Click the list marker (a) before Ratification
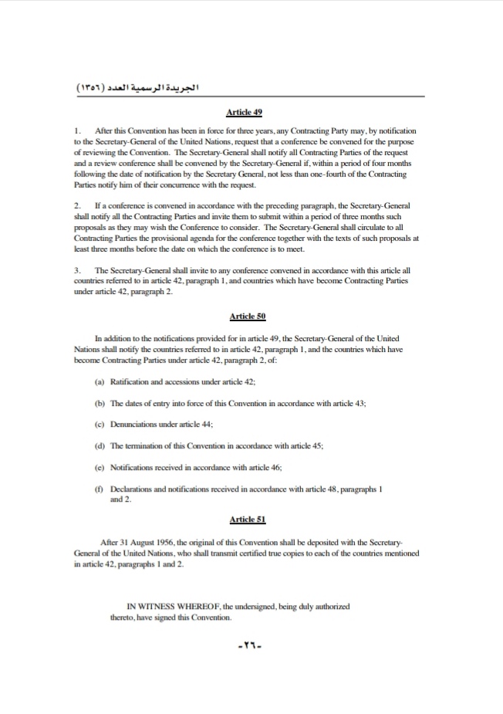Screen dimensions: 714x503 point(99,382)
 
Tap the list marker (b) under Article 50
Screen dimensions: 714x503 point(99,403)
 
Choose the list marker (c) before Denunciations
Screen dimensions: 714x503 point(99,425)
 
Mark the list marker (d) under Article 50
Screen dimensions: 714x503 point(99,446)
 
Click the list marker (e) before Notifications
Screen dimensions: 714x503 point(99,468)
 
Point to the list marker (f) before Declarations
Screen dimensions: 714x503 point(99,489)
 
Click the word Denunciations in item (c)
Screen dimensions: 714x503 point(137,425)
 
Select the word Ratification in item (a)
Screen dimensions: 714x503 point(133,382)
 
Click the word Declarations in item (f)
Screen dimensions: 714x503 point(134,489)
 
